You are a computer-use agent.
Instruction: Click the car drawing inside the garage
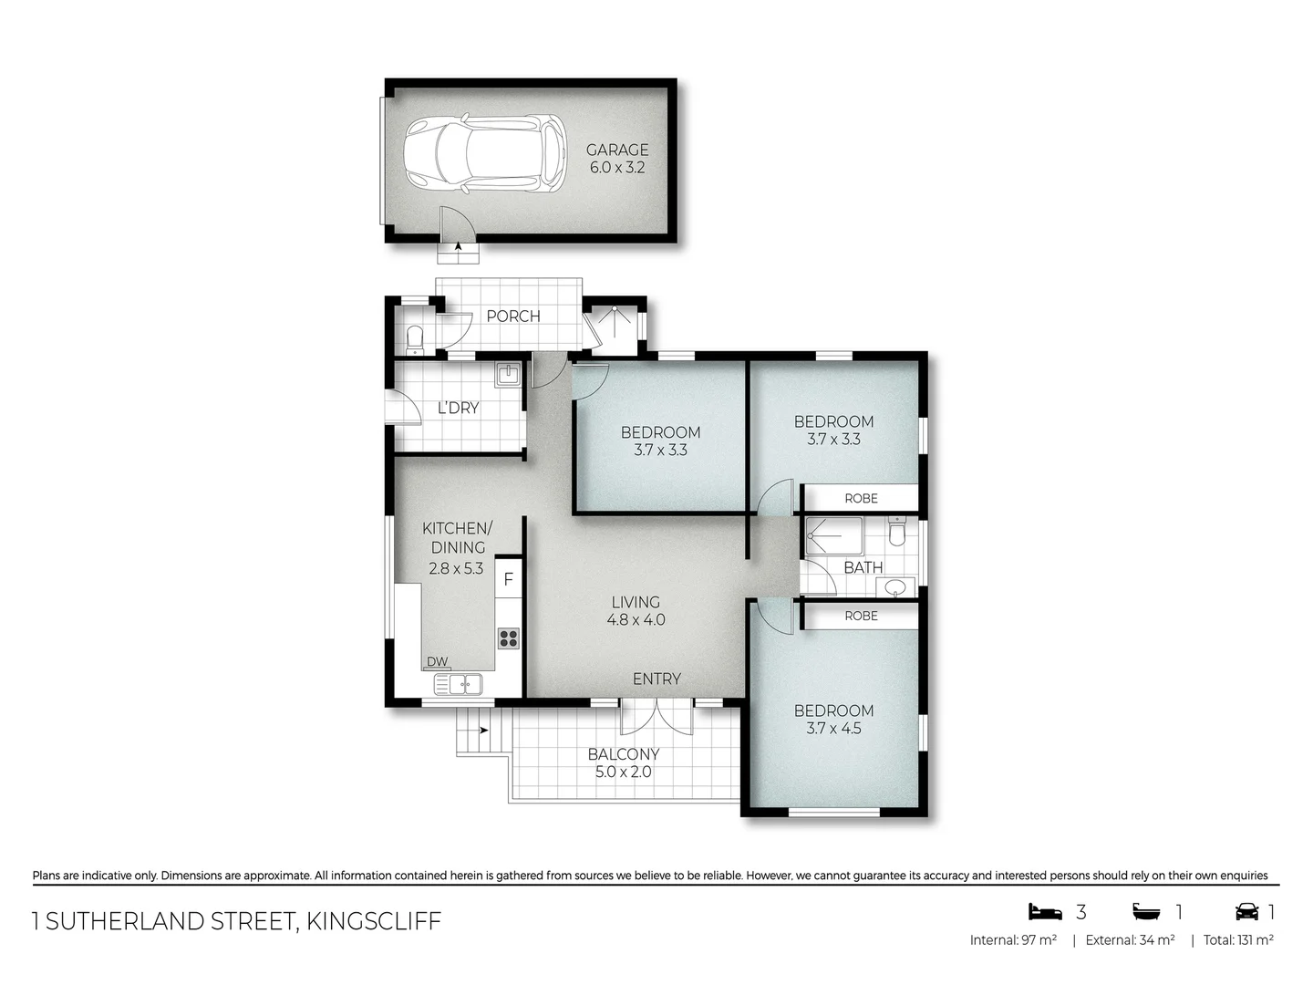coord(484,153)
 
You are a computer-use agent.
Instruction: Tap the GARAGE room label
coord(617,159)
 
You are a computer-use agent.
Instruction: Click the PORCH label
coord(512,316)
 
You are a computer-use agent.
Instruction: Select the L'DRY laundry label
coord(458,408)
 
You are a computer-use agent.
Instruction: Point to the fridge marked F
coord(509,579)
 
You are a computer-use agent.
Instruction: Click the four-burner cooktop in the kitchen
coord(508,638)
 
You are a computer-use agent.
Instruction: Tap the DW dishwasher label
coord(437,662)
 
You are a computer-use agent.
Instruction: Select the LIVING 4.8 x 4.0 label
coord(636,611)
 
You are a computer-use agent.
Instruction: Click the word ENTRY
coord(656,679)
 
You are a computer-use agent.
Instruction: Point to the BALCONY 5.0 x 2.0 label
coord(624,762)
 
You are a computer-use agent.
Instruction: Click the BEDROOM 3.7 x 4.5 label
coord(833,719)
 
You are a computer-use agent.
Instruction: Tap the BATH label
coord(863,567)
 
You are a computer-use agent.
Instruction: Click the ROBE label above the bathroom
coord(861,498)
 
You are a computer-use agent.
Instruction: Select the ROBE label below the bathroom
coord(861,616)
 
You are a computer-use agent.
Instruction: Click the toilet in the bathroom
coord(896,533)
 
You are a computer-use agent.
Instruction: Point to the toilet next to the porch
coord(416,339)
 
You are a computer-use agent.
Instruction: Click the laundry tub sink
coord(508,374)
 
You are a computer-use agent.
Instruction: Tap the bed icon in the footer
coord(1046,911)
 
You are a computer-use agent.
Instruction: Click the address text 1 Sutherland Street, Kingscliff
coord(237,921)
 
